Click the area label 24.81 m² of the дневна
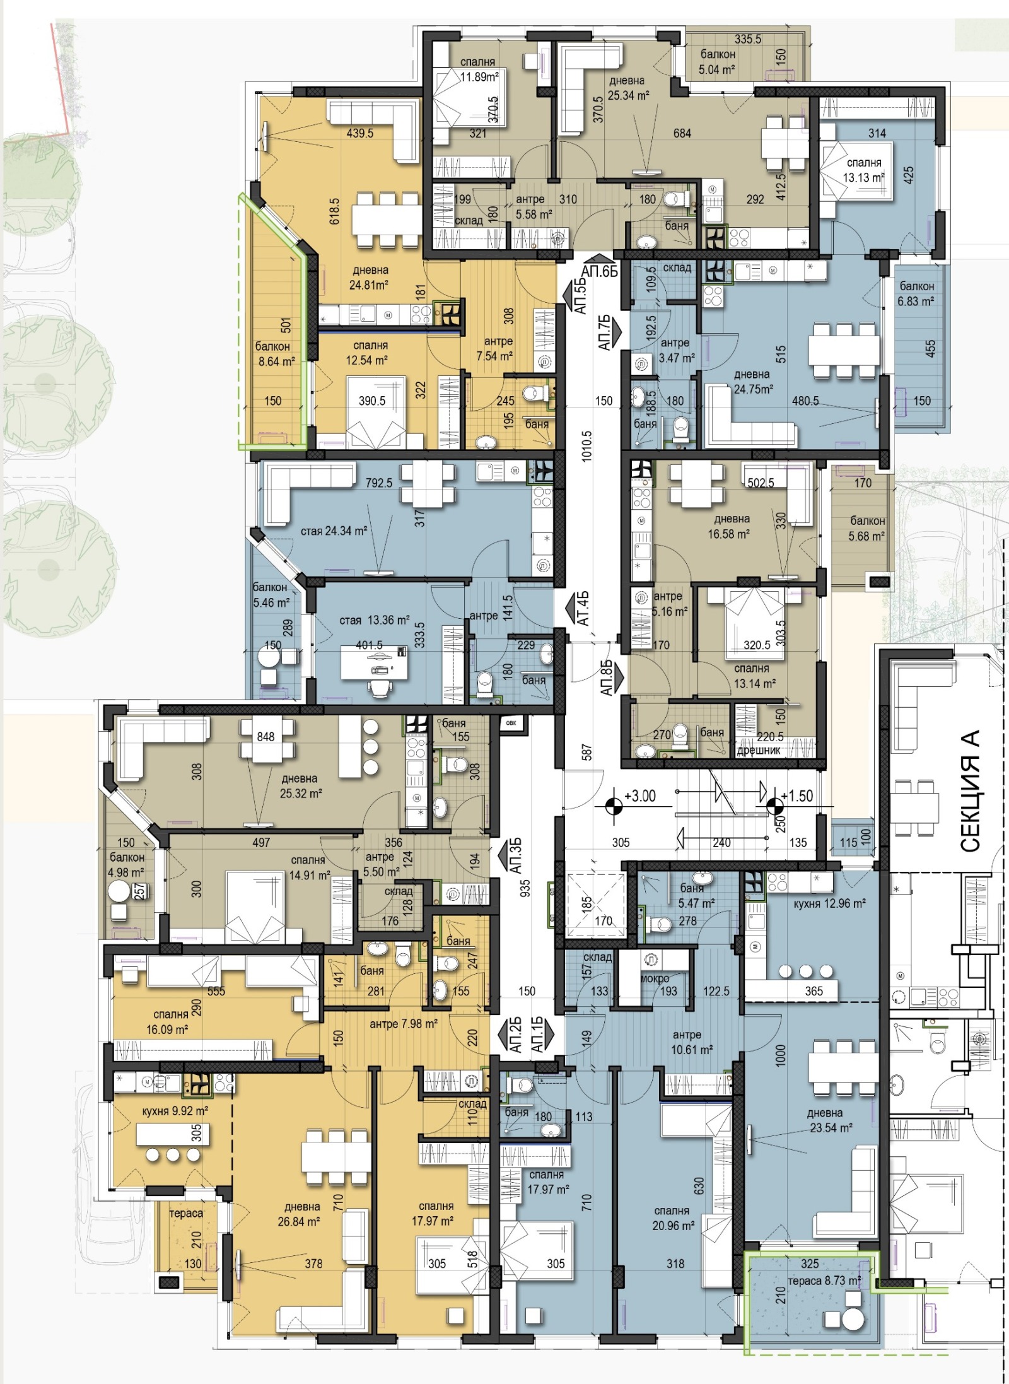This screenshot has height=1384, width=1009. [x=368, y=284]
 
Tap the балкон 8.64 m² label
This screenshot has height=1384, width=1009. [x=276, y=354]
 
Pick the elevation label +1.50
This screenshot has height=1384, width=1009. [x=797, y=795]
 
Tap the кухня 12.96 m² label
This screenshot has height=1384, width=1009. [x=829, y=903]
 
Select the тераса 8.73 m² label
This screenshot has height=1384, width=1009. [x=824, y=1281]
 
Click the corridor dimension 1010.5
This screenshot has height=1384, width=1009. [x=586, y=447]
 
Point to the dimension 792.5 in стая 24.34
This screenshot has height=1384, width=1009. [x=378, y=483]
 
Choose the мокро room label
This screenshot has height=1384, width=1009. [x=654, y=978]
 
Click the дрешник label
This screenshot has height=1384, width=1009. [x=759, y=751]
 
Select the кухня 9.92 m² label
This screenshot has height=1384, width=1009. [x=175, y=1111]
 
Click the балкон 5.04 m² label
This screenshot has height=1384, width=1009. [x=718, y=62]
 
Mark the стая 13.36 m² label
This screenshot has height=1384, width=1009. [x=375, y=620]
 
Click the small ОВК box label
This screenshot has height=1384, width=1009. [x=511, y=723]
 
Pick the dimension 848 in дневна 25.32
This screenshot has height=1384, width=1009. [x=265, y=736]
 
